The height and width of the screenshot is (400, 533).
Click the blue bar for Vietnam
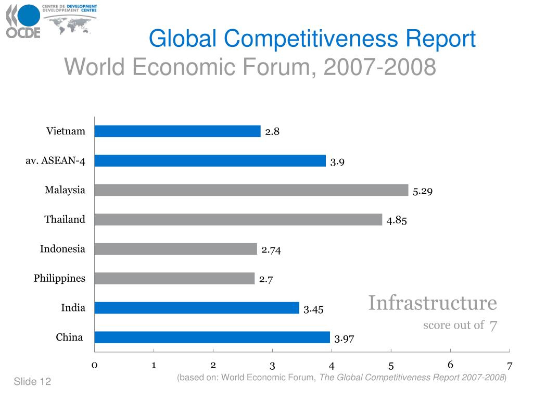[177, 131]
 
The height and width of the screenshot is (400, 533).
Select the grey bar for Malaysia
[251, 190]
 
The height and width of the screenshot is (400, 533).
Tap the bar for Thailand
[238, 219]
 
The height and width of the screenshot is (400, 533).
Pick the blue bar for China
[212, 337]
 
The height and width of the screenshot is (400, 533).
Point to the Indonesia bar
[175, 249]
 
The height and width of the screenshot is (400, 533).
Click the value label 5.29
[423, 191]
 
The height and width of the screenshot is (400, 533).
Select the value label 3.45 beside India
[313, 310]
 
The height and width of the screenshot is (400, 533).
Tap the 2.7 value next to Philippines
[266, 280]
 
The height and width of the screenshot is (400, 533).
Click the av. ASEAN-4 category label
[55, 160]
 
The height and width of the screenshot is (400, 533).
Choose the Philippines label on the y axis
[59, 278]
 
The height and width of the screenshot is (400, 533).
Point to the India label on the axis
[73, 308]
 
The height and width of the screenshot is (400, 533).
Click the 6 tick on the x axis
[450, 365]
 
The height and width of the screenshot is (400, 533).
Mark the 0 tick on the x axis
[94, 365]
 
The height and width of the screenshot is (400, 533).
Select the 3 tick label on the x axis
[272, 366]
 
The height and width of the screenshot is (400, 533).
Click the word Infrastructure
[433, 303]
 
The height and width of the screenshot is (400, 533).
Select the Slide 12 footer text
[32, 382]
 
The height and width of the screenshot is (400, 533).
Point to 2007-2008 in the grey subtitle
[379, 67]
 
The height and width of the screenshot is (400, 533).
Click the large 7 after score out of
[493, 326]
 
